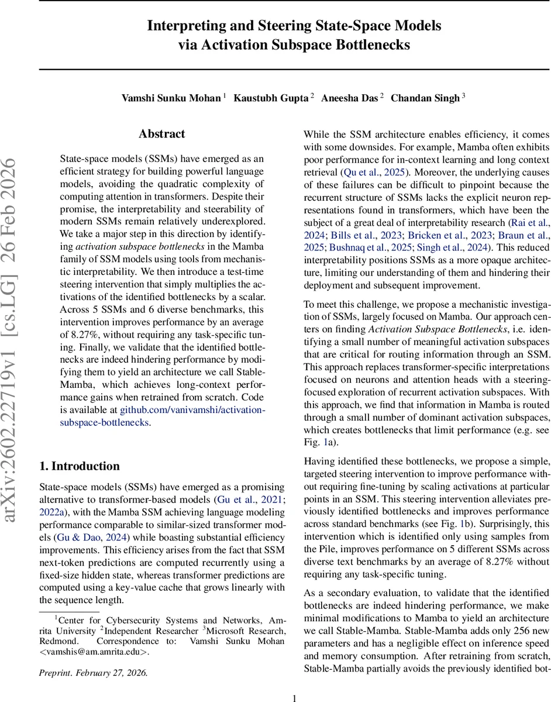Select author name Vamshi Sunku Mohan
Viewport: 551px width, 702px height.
(171, 98)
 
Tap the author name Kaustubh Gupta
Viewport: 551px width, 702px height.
(271, 98)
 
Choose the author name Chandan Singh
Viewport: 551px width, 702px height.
(425, 98)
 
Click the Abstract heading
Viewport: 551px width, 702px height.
(161, 134)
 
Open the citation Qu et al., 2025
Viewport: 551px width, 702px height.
(374, 173)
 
